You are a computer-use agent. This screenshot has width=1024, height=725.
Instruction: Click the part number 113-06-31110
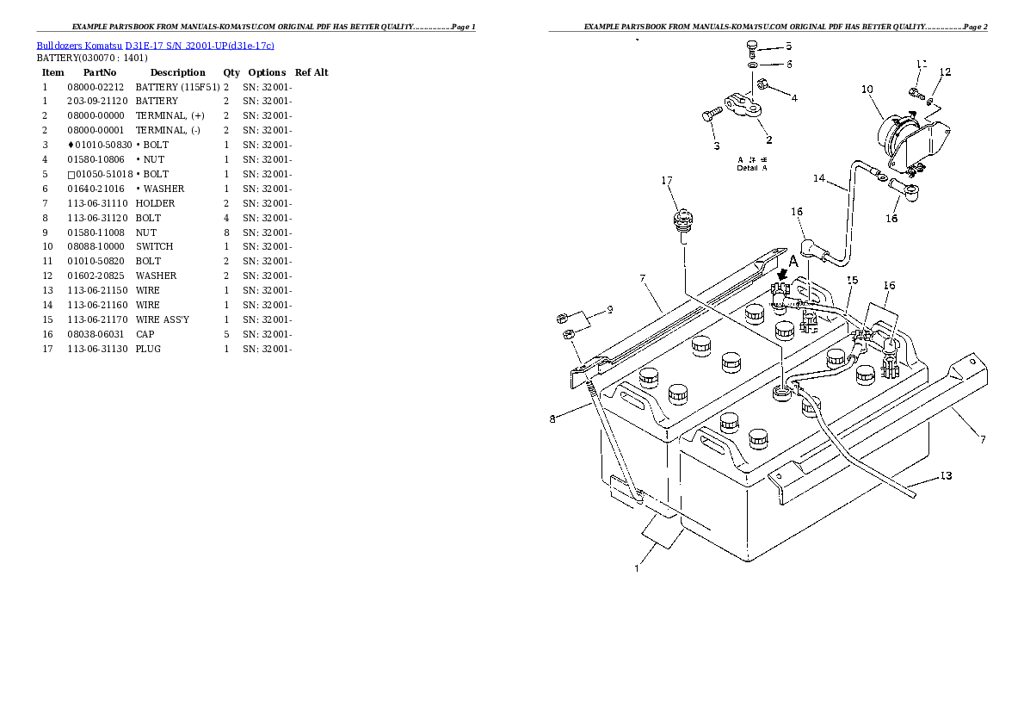pos(97,203)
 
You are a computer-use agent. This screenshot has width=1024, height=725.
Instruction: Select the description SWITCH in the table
pos(154,246)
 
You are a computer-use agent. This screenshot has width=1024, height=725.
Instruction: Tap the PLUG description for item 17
pos(148,349)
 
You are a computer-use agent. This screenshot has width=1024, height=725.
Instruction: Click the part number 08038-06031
pos(96,334)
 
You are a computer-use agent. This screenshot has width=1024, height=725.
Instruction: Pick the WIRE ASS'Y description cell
pos(162,319)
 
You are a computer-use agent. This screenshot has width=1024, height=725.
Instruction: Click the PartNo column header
pos(100,72)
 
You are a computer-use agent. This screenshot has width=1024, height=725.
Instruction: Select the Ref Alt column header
pos(312,72)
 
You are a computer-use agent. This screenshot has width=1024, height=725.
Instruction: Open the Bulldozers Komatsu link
pos(79,45)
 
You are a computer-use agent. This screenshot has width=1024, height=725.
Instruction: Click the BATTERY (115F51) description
pos(177,87)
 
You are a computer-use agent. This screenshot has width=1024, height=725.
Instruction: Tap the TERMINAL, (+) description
pos(170,115)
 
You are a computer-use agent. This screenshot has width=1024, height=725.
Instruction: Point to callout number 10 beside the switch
pos(867,90)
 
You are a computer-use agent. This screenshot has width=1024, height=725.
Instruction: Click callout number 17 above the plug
pos(667,181)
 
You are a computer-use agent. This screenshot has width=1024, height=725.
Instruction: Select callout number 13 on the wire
pos(946,476)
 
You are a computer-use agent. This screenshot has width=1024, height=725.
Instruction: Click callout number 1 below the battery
pos(637,569)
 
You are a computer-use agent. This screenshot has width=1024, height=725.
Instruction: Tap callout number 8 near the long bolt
pos(552,419)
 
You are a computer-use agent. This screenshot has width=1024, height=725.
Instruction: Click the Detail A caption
pos(752,168)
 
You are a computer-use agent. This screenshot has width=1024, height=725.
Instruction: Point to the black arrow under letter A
pos(781,275)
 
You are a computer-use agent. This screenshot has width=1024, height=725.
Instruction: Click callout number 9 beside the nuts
pos(610,309)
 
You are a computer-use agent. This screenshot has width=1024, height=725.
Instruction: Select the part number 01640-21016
pos(96,189)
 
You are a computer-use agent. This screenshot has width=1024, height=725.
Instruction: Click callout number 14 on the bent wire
pos(819,178)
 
